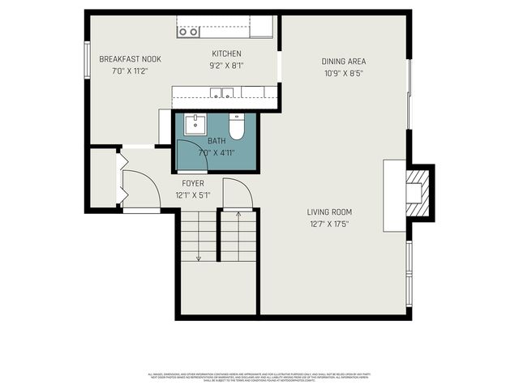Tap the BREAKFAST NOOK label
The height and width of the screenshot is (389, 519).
click(x=131, y=59)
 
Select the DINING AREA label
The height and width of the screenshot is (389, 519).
click(x=343, y=61)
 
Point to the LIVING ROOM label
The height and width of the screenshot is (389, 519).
click(x=330, y=212)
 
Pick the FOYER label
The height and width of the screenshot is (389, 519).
click(x=193, y=183)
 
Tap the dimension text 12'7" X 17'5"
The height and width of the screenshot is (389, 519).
click(x=330, y=224)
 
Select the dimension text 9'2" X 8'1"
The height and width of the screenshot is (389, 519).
click(x=226, y=65)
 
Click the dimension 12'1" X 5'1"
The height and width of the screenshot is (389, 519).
click(x=193, y=194)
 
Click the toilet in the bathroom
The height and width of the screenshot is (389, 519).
click(x=237, y=126)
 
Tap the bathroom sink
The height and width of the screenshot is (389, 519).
click(x=195, y=124)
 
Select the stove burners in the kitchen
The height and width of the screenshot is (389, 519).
click(x=188, y=32)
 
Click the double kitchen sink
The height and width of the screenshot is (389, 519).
click(x=221, y=92)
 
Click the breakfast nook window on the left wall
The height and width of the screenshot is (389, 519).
click(x=87, y=60)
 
